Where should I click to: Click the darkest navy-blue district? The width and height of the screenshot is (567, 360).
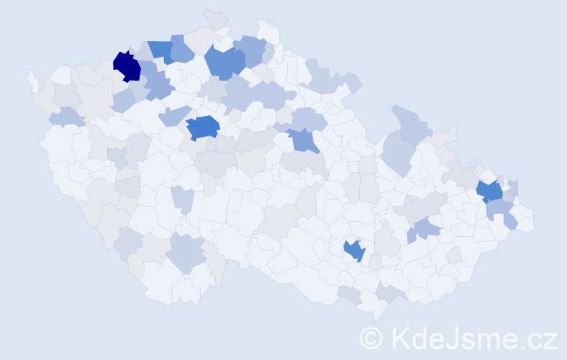point(127,66)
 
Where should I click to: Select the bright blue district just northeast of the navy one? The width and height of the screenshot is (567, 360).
point(160,51)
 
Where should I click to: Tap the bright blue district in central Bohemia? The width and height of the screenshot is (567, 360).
point(203,127)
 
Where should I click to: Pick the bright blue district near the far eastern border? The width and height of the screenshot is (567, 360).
point(490,192)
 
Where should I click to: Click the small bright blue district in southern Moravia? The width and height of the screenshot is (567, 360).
point(354,251)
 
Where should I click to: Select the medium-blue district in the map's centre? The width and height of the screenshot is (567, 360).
point(305,140)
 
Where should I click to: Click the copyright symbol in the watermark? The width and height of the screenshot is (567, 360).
point(371,338)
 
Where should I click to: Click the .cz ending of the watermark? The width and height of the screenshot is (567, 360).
point(538,338)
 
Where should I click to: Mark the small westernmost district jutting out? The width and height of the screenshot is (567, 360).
point(32,80)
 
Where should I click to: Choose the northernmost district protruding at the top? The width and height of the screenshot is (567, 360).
point(214,17)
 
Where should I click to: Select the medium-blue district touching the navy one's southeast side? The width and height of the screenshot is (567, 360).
point(158,87)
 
